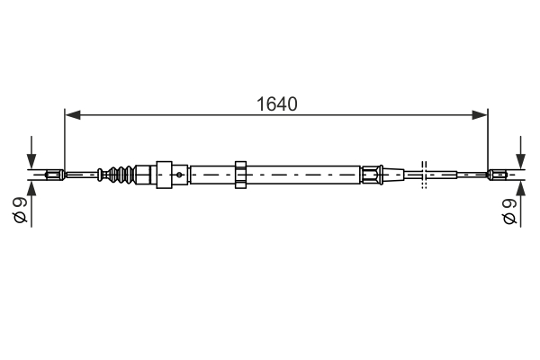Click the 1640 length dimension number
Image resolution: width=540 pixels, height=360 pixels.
(x=274, y=103)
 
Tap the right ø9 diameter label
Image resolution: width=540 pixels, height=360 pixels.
(x=510, y=212)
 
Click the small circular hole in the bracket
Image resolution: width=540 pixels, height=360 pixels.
(x=181, y=174)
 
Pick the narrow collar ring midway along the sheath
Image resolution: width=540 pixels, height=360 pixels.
(x=240, y=174)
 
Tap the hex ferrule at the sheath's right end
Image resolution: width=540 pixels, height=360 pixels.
(x=371, y=174)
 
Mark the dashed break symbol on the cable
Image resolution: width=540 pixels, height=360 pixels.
(x=424, y=174)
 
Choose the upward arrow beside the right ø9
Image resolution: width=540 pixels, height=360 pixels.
(x=520, y=191)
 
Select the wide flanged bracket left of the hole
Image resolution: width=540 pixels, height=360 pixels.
(x=164, y=174)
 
